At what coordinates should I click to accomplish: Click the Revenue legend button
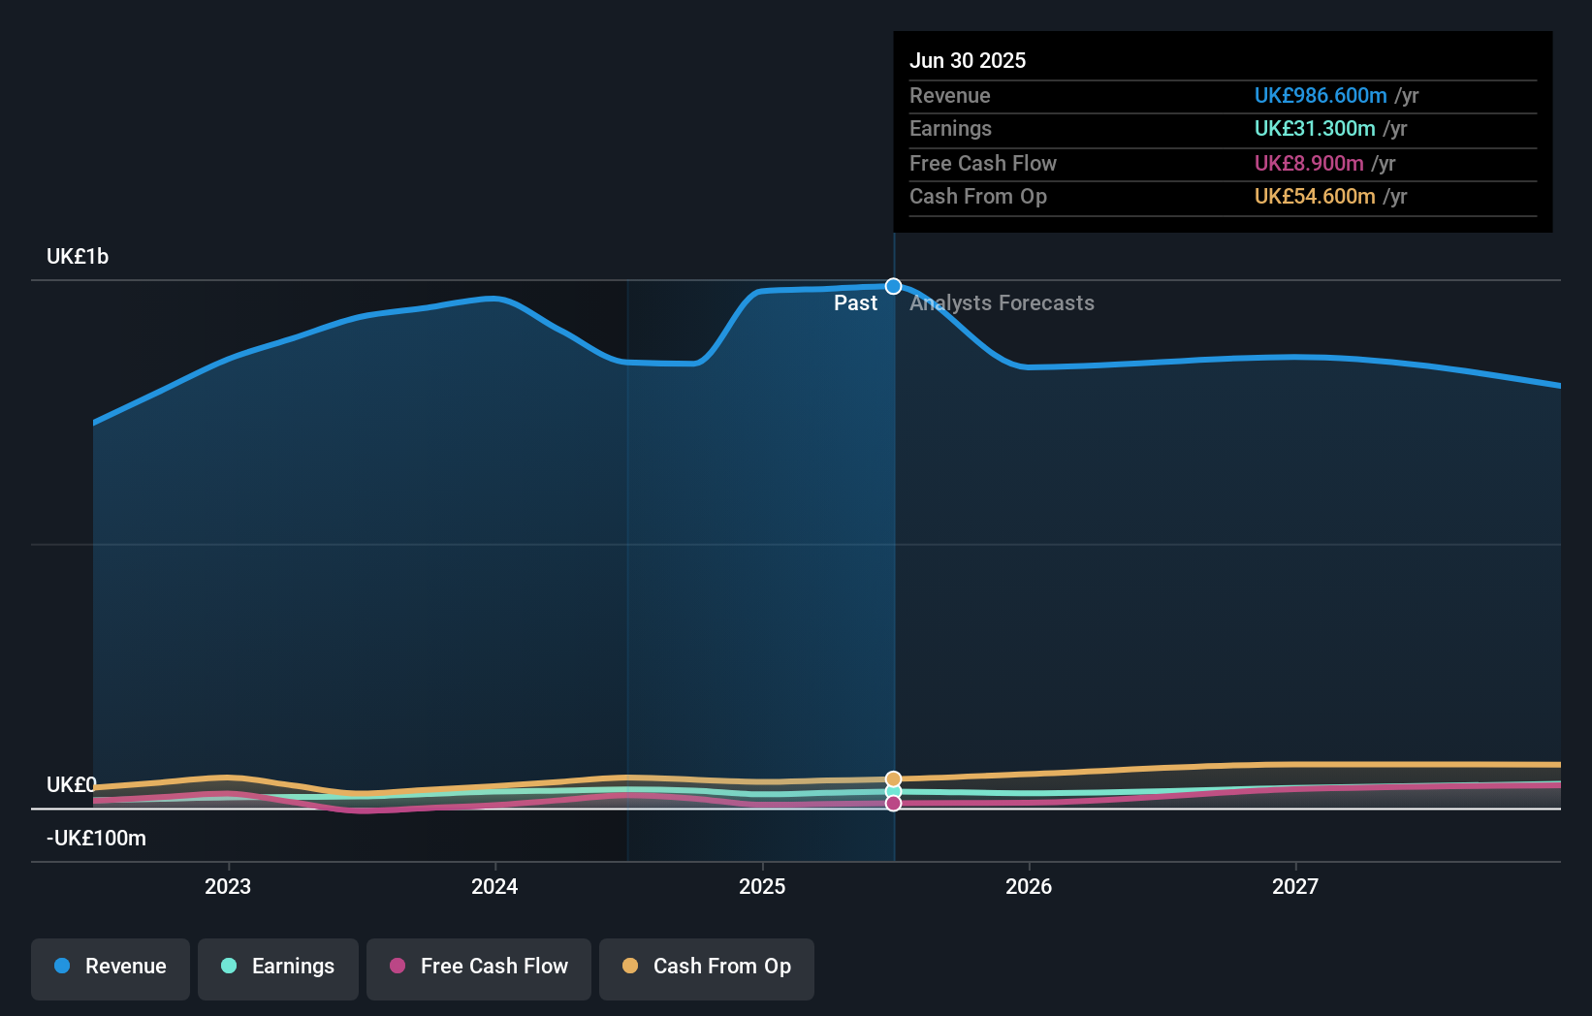pyautogui.click(x=111, y=967)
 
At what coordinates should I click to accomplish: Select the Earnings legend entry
pyautogui.click(x=278, y=967)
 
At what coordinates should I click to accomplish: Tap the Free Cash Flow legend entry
pyautogui.click(x=479, y=967)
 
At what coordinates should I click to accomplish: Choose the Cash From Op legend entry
pyautogui.click(x=707, y=967)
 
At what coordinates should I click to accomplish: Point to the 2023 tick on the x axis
pyautogui.click(x=228, y=886)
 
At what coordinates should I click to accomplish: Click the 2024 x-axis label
pyautogui.click(x=494, y=886)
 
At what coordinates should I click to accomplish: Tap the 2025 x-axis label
pyautogui.click(x=762, y=886)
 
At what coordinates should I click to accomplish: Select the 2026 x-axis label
pyautogui.click(x=1029, y=886)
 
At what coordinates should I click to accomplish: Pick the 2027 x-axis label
pyautogui.click(x=1295, y=886)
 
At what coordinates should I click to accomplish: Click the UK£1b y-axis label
pyautogui.click(x=78, y=257)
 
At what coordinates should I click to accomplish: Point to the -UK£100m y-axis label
pyautogui.click(x=96, y=839)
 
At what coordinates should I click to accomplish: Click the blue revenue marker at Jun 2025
pyautogui.click(x=894, y=286)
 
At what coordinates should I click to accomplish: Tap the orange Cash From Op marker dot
pyautogui.click(x=894, y=779)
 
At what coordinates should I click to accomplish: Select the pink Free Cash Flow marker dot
pyautogui.click(x=894, y=804)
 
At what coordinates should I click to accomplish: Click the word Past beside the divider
pyautogui.click(x=855, y=303)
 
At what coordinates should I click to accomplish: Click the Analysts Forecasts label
pyautogui.click(x=1002, y=303)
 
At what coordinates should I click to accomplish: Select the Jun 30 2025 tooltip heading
pyautogui.click(x=968, y=60)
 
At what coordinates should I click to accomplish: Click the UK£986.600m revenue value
pyautogui.click(x=1321, y=96)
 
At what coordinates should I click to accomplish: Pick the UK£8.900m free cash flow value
pyautogui.click(x=1309, y=164)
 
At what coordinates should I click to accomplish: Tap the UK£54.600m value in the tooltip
pyautogui.click(x=1315, y=197)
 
